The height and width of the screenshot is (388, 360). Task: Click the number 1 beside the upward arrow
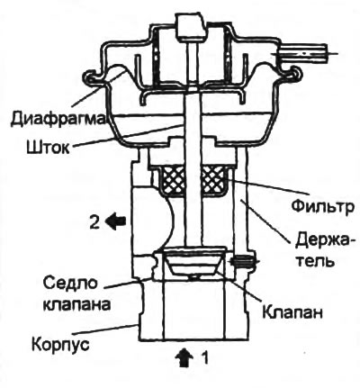click(206, 356)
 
